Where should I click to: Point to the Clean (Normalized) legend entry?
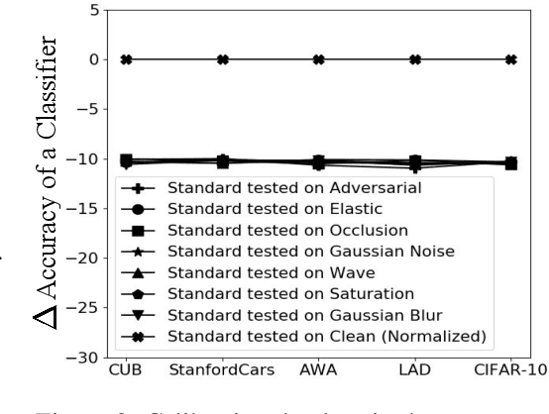[327, 338]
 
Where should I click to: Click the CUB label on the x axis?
[127, 371]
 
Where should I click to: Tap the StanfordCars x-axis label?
[223, 371]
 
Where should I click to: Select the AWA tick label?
[319, 371]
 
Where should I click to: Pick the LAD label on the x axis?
[414, 371]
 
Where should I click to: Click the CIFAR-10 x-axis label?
[510, 371]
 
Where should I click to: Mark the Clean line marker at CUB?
[127, 59]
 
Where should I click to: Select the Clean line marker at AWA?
[319, 59]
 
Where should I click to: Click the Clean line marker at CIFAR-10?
[510, 59]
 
